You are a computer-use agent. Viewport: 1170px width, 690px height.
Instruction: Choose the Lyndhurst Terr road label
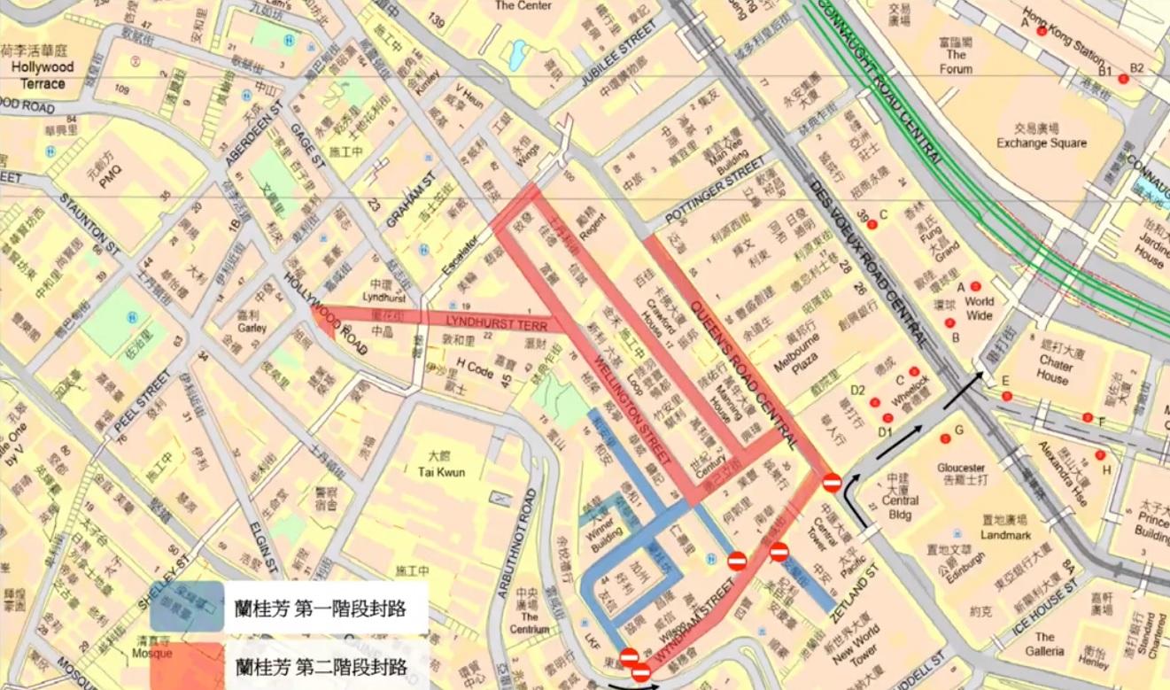click(x=491, y=322)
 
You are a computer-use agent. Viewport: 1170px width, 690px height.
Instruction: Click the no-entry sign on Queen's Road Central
click(x=832, y=482)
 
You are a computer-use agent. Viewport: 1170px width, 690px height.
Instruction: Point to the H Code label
click(x=474, y=363)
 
